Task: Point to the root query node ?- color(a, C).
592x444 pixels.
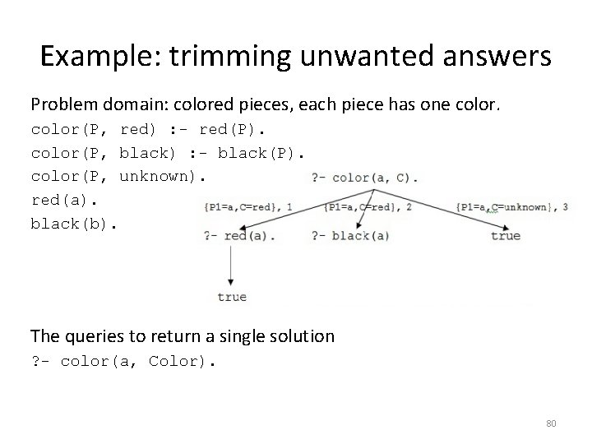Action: (365, 177)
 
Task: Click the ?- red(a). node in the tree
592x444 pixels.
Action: (239, 236)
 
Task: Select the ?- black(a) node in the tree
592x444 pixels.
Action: (350, 236)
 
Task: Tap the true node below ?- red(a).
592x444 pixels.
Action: (232, 297)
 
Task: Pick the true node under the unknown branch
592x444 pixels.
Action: (505, 236)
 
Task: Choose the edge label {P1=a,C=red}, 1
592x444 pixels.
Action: (248, 207)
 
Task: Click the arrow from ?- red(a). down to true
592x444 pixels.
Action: (231, 265)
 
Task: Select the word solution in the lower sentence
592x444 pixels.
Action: (301, 335)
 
